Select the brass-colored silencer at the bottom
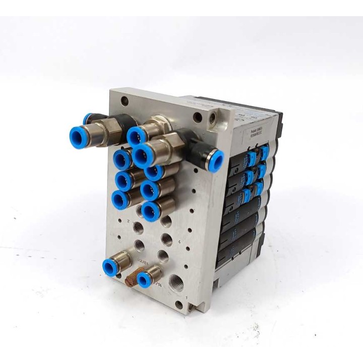129,277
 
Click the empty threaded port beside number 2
139,228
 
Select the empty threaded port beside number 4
166,238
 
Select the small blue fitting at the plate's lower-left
110,266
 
